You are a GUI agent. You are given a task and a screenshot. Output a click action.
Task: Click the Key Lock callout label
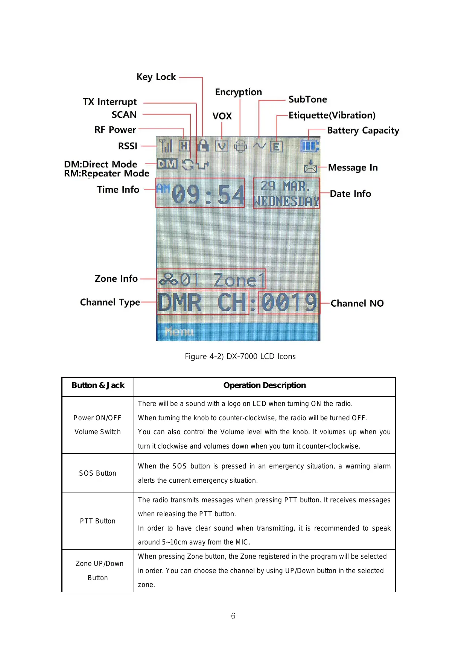156,77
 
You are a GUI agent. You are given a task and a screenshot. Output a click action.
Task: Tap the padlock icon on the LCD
203,146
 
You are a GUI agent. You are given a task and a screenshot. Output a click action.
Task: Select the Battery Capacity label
363,131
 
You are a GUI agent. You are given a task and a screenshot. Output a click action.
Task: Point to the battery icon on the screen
309,146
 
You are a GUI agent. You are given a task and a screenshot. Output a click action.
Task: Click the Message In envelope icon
310,166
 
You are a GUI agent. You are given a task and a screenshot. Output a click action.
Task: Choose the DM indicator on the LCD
167,164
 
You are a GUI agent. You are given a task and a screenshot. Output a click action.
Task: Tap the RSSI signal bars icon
166,146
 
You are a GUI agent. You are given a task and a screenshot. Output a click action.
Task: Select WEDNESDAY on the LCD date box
286,201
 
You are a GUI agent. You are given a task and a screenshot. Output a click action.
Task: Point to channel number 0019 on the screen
289,303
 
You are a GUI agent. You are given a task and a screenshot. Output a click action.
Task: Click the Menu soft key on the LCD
179,332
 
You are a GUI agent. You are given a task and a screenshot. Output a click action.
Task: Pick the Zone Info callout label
116,279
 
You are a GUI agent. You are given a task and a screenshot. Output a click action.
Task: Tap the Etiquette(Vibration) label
332,115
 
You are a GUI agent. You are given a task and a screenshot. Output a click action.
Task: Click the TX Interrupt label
110,102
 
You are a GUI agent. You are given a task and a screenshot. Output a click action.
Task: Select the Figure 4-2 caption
240,356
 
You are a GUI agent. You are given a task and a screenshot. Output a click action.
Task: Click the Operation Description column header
264,385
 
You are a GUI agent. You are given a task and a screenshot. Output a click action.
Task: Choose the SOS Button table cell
97,473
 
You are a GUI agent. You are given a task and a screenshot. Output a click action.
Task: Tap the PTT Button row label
97,521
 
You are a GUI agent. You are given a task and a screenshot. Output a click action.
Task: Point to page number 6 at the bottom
233,616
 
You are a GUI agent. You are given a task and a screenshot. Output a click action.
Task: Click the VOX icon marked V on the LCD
222,146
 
